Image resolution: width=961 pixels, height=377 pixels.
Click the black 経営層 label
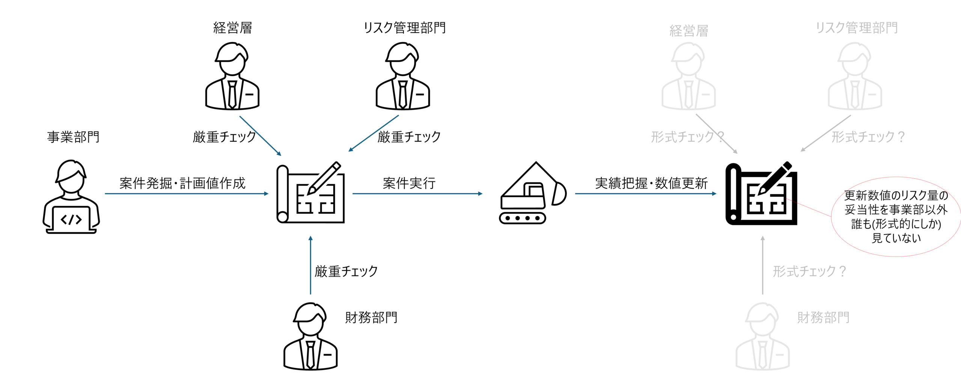click(x=232, y=28)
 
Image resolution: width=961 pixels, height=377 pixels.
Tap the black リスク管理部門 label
click(x=405, y=28)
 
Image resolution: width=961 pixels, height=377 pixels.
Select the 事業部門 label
click(x=73, y=137)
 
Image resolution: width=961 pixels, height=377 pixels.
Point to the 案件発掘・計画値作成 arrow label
click(x=182, y=183)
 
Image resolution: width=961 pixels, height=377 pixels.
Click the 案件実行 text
click(x=409, y=183)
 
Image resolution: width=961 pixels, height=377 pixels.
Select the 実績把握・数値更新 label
click(x=651, y=183)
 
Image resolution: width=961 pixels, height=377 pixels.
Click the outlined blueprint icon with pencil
click(x=310, y=193)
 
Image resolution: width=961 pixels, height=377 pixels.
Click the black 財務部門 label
click(x=371, y=318)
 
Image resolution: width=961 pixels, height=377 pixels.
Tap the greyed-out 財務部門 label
click(x=823, y=318)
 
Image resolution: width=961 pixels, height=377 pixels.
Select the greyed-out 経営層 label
click(x=689, y=31)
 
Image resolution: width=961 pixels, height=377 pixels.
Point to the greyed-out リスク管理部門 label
click(x=857, y=28)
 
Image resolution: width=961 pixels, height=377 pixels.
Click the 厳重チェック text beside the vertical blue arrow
click(x=346, y=271)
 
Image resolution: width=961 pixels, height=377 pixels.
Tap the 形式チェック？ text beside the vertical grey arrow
click(x=809, y=271)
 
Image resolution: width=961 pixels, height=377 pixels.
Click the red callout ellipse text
click(x=896, y=217)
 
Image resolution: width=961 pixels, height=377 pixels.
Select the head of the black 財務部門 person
click(x=310, y=319)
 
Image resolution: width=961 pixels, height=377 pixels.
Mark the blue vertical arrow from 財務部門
click(x=310, y=265)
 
